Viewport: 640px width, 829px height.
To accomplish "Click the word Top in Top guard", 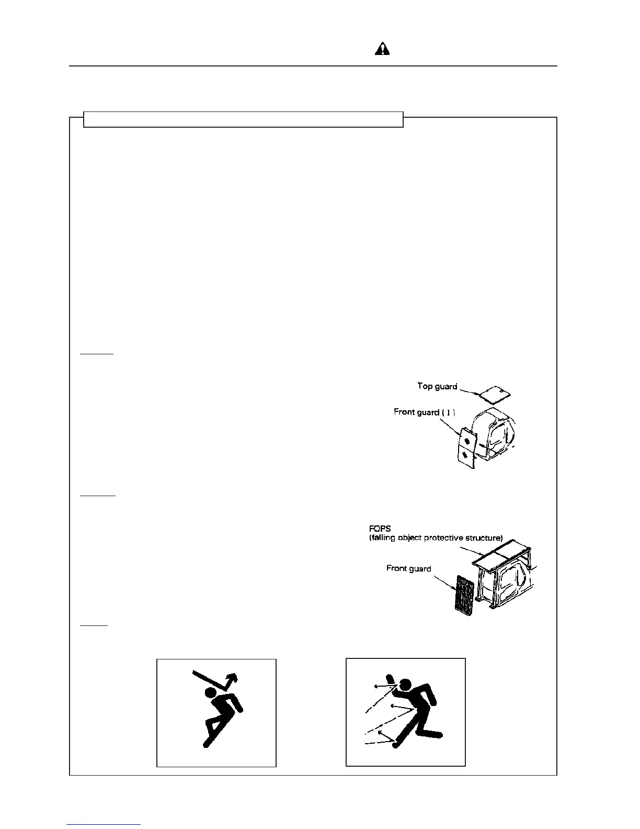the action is click(x=425, y=386).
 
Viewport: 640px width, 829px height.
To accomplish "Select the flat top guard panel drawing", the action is click(x=495, y=394).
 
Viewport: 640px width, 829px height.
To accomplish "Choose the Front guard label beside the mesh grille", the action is click(x=408, y=568).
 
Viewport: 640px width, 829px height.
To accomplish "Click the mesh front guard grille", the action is click(x=465, y=594).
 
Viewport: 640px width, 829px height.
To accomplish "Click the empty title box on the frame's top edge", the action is click(x=243, y=119).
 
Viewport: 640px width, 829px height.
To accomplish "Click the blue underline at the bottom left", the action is click(x=104, y=824).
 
